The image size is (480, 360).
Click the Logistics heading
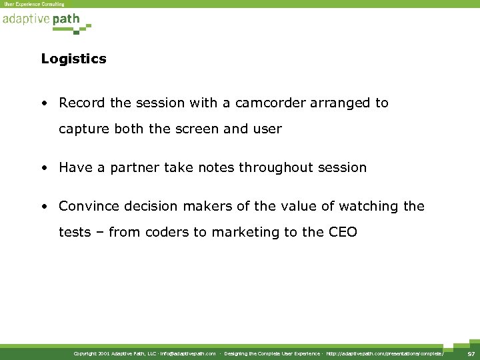(x=73, y=59)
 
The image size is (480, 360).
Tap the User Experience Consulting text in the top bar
(x=34, y=4)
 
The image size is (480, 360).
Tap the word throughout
(x=249, y=167)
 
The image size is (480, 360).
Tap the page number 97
(x=471, y=354)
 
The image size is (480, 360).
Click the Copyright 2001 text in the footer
(x=93, y=354)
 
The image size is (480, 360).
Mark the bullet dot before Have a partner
(x=43, y=168)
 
